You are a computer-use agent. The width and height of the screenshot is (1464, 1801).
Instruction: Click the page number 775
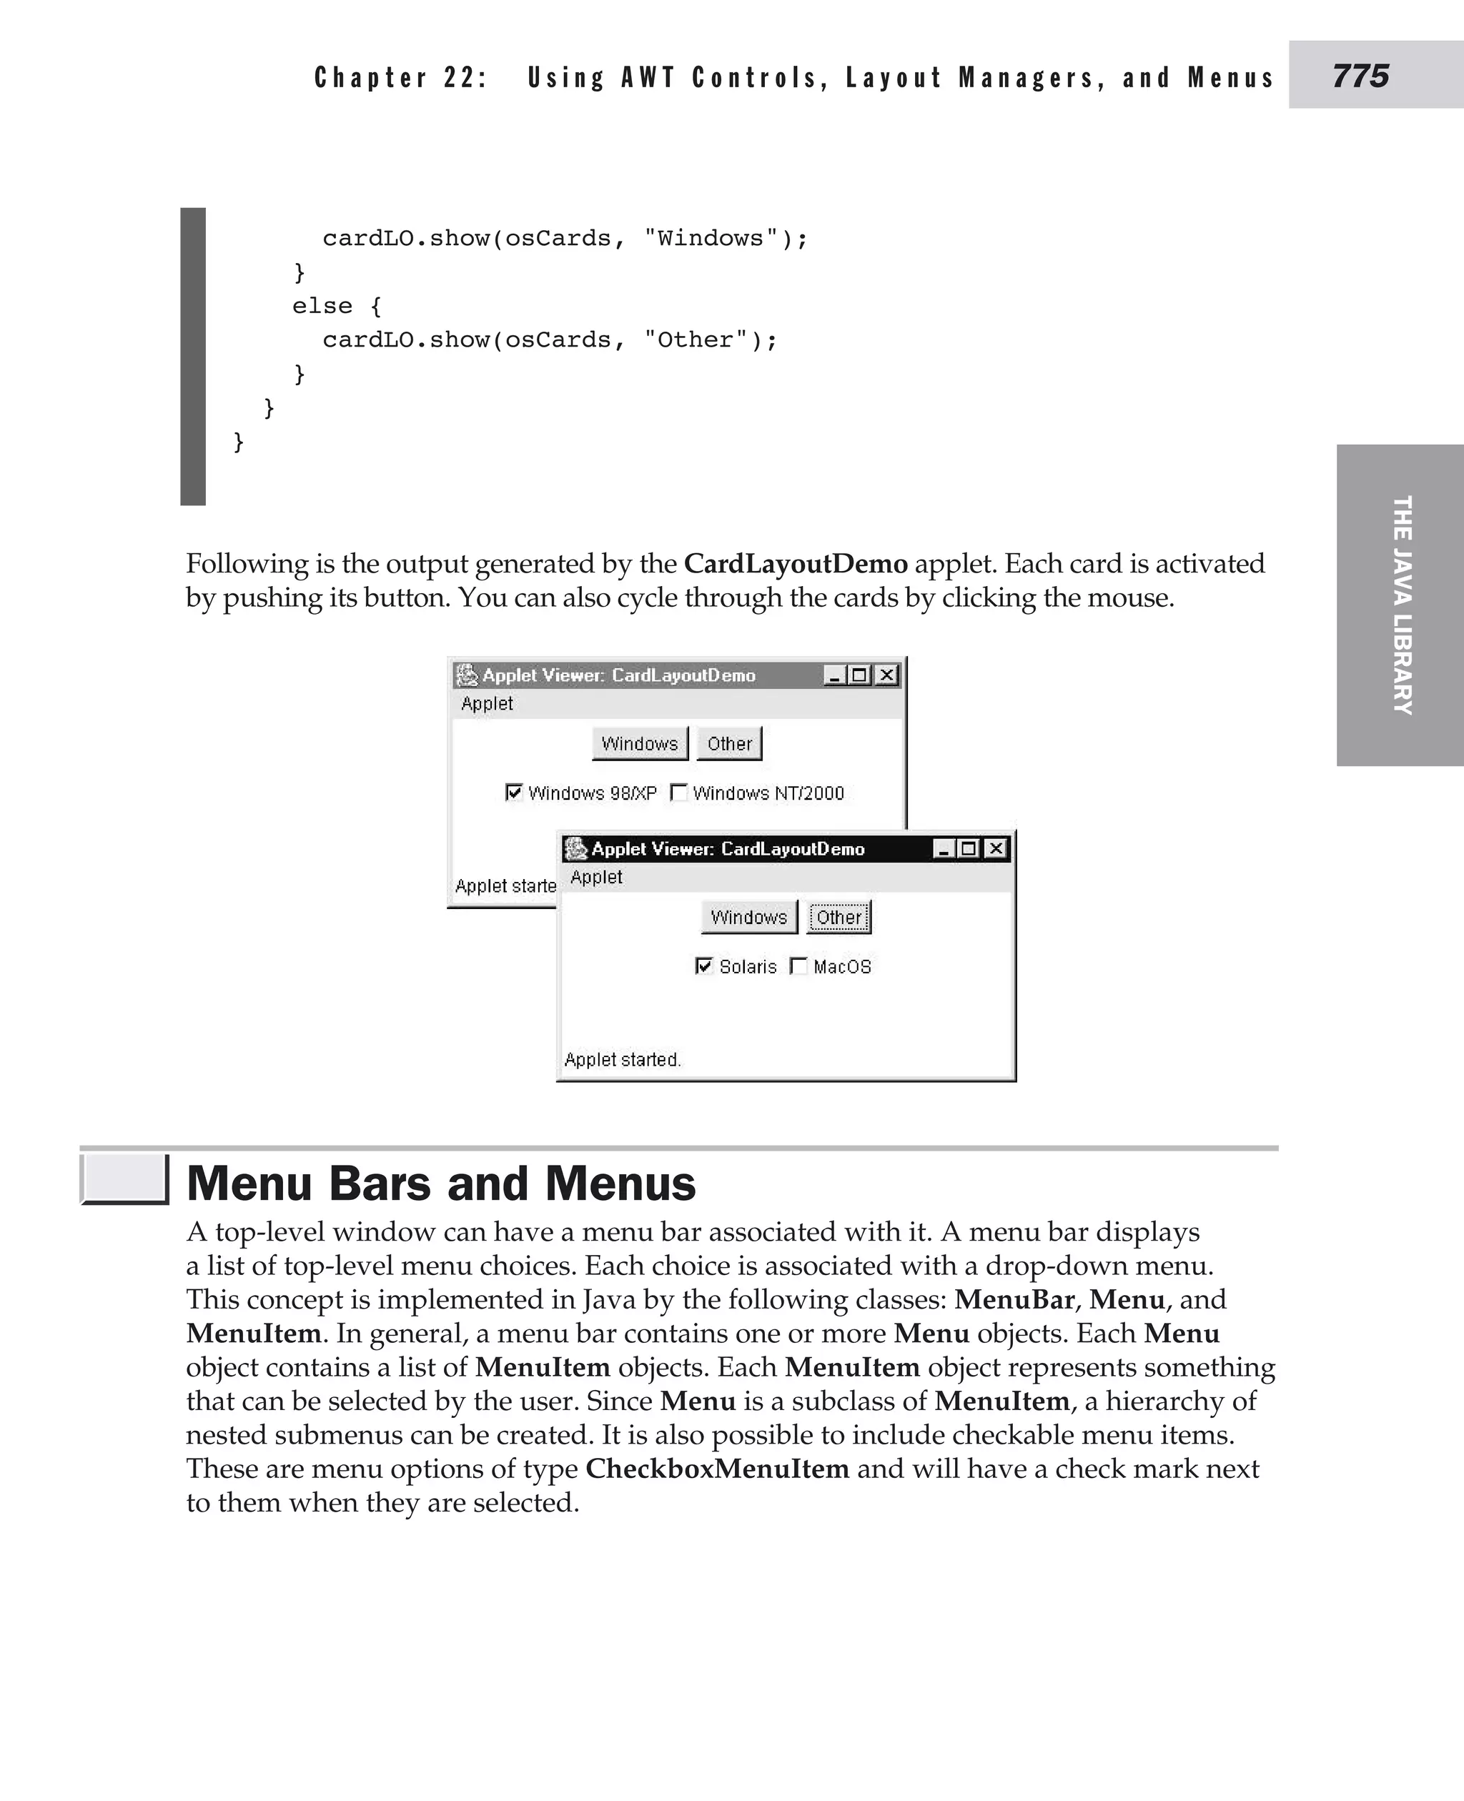click(1360, 76)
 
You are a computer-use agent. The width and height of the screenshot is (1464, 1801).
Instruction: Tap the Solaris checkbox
click(703, 966)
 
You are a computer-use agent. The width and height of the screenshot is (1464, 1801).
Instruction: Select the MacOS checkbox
click(798, 966)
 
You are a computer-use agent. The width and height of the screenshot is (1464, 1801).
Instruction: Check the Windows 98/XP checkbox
click(513, 792)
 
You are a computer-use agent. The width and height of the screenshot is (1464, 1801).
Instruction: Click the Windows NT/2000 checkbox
click(678, 792)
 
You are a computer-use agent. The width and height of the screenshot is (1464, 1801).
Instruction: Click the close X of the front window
click(996, 848)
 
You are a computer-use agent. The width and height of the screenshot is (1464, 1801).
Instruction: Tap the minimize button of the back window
click(834, 675)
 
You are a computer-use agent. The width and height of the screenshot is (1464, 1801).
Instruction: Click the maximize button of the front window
click(969, 848)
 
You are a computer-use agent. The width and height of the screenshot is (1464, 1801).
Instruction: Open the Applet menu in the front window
click(595, 877)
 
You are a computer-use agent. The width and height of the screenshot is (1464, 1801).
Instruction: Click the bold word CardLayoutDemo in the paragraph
click(795, 563)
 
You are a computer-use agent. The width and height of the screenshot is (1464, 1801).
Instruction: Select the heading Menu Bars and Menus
click(441, 1183)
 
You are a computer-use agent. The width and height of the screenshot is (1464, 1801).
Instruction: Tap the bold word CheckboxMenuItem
click(717, 1468)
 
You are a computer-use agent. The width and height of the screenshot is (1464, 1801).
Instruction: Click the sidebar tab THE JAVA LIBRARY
click(1401, 605)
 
